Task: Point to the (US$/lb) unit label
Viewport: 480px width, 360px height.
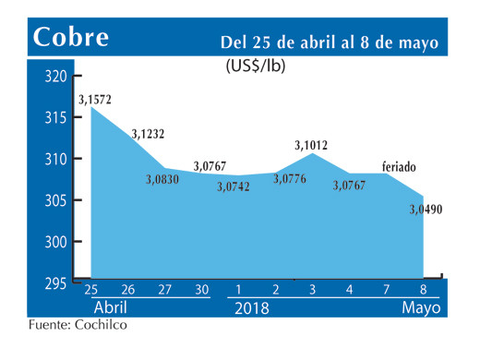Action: tap(257, 66)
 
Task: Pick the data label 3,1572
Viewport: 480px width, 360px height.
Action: tap(94, 99)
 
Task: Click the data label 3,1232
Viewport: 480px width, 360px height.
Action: tap(148, 134)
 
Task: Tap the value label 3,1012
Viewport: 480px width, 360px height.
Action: tap(311, 144)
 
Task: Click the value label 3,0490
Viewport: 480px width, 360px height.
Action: tap(426, 210)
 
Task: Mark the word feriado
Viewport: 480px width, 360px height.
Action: tap(399, 167)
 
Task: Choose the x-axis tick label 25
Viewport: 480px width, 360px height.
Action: tap(90, 288)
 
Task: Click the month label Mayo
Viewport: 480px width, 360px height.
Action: tap(421, 306)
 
